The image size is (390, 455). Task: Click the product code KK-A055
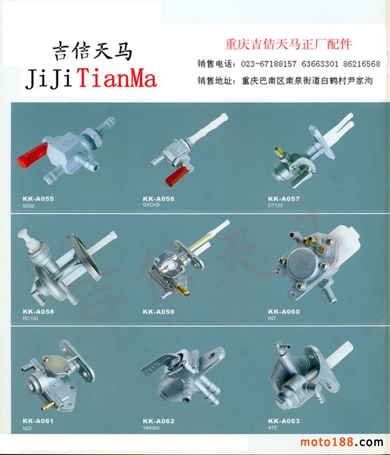tap(38, 198)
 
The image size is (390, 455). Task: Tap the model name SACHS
tap(151, 205)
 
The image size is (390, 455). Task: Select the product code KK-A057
tap(284, 198)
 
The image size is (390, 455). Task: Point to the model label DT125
tap(275, 205)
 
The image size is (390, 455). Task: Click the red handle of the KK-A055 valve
tap(32, 155)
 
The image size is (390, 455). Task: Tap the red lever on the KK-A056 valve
tap(177, 176)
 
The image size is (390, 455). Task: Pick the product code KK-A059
tap(158, 312)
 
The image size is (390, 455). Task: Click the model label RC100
tap(30, 318)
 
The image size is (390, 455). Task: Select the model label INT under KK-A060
tap(272, 318)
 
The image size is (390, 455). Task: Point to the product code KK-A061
tap(38, 421)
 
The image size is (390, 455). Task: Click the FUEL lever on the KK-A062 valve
tap(158, 365)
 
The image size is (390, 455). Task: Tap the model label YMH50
tap(151, 428)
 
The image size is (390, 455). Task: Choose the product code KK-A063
tap(284, 421)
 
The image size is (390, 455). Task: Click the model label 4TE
tap(272, 428)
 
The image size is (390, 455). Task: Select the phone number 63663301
tap(320, 64)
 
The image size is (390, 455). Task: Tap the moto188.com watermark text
tap(342, 442)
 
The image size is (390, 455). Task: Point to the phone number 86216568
tap(362, 64)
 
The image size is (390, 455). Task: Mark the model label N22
tap(27, 428)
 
